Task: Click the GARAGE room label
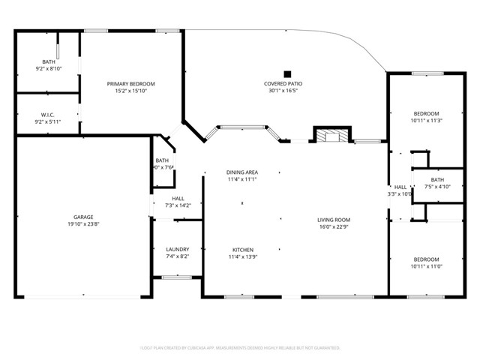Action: click(x=83, y=217)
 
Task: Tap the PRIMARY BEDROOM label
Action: click(x=130, y=83)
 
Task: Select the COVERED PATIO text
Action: click(x=283, y=83)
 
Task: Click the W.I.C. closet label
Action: click(x=48, y=114)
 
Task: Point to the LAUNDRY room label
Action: click(x=177, y=249)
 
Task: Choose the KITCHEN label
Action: click(x=242, y=249)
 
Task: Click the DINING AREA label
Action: click(x=242, y=172)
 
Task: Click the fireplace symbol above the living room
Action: click(x=331, y=136)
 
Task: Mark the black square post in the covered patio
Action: click(x=286, y=65)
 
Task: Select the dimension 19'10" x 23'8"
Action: click(x=83, y=224)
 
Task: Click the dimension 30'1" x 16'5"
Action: click(x=283, y=91)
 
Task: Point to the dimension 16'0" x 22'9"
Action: click(x=334, y=226)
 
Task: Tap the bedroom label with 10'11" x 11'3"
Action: click(x=426, y=112)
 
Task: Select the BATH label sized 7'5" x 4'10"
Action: click(x=437, y=179)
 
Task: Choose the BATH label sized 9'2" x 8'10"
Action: click(x=48, y=61)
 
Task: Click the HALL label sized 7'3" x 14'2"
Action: click(x=177, y=198)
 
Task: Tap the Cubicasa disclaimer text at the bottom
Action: click(x=240, y=348)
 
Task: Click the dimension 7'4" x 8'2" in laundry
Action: click(x=177, y=256)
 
